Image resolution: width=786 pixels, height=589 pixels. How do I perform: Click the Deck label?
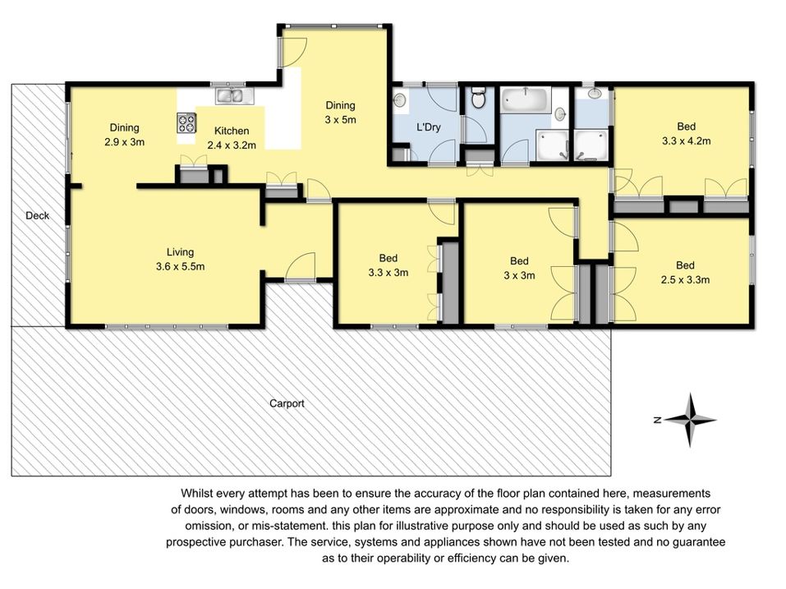point(37,215)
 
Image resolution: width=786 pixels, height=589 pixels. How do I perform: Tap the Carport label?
point(287,403)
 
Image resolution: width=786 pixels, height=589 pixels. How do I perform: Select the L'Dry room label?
point(429,127)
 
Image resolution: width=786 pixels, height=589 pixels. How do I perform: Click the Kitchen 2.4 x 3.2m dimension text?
point(232,145)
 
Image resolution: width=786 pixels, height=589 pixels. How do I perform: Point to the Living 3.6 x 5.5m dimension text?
point(181,267)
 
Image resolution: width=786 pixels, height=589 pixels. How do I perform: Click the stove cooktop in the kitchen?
point(186,123)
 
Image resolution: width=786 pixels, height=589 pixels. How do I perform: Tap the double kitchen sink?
point(235,95)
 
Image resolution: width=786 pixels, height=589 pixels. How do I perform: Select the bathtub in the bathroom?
point(525,99)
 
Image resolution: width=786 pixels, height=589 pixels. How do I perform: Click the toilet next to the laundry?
point(479,99)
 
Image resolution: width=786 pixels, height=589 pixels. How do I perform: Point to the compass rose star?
point(690,420)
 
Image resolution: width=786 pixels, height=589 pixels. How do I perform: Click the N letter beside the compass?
point(658,420)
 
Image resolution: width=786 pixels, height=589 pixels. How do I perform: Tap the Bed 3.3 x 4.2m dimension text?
point(687,141)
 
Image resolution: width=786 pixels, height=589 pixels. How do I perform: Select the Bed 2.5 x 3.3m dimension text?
point(685,280)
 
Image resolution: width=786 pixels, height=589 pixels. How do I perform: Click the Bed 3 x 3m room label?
point(519,268)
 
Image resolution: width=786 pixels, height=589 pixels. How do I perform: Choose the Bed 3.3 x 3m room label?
point(388,265)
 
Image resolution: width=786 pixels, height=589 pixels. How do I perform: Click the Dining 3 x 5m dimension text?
point(340,120)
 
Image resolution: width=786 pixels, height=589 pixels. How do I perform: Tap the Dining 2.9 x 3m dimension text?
point(124,142)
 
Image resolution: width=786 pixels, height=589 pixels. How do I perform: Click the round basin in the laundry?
point(399,99)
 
